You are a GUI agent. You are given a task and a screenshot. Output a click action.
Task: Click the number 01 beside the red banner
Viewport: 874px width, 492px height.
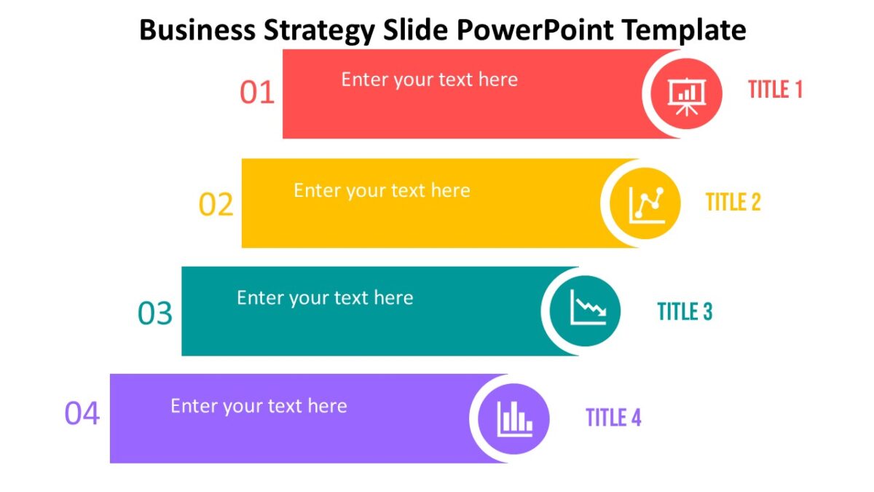pos(257,93)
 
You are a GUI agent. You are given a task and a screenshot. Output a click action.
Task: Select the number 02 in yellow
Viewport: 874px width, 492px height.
pos(216,205)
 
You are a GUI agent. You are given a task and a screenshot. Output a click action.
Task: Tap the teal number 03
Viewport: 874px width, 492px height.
pos(155,313)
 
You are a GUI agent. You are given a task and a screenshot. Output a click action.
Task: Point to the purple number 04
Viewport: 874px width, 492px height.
pos(82,414)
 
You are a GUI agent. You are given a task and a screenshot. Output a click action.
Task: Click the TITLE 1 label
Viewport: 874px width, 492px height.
pos(775,90)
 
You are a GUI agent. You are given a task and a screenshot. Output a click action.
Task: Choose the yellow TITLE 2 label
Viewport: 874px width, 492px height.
pos(733,202)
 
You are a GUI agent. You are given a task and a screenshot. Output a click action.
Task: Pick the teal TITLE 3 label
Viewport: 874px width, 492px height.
pos(685,311)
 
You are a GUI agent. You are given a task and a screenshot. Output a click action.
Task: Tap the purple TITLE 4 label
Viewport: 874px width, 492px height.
pos(613,418)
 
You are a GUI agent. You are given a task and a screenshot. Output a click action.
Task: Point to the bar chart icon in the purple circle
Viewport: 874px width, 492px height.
pos(514,418)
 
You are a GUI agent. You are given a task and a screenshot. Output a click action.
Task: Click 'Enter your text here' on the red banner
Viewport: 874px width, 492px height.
pos(429,79)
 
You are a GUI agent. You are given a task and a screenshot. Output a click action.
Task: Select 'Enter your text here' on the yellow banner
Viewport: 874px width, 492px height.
pos(382,190)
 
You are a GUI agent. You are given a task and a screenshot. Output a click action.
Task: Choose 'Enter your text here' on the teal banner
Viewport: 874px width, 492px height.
pos(325,297)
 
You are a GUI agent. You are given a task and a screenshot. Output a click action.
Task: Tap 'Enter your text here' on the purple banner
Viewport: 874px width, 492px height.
pos(259,405)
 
